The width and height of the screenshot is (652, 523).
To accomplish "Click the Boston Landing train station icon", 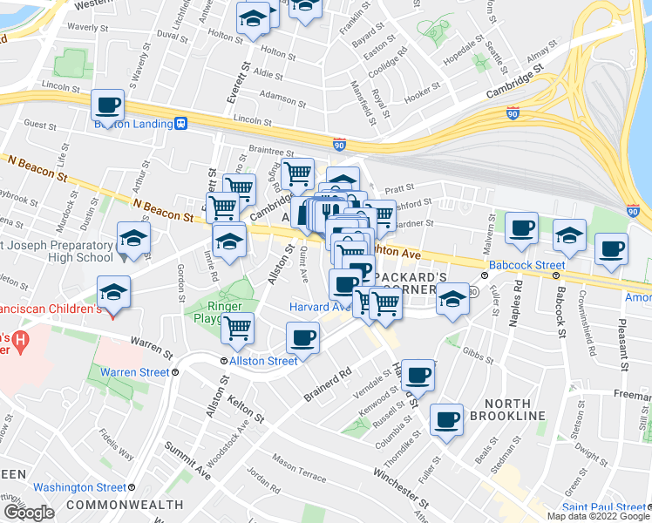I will point(181,124).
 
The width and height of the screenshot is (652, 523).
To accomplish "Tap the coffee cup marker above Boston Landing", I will point(107,105).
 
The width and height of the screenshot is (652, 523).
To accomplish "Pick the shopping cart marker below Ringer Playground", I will point(237,328).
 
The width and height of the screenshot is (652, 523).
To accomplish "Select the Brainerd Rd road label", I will point(327,383).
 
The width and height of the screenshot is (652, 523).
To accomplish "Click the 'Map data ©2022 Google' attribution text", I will point(597,516).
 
